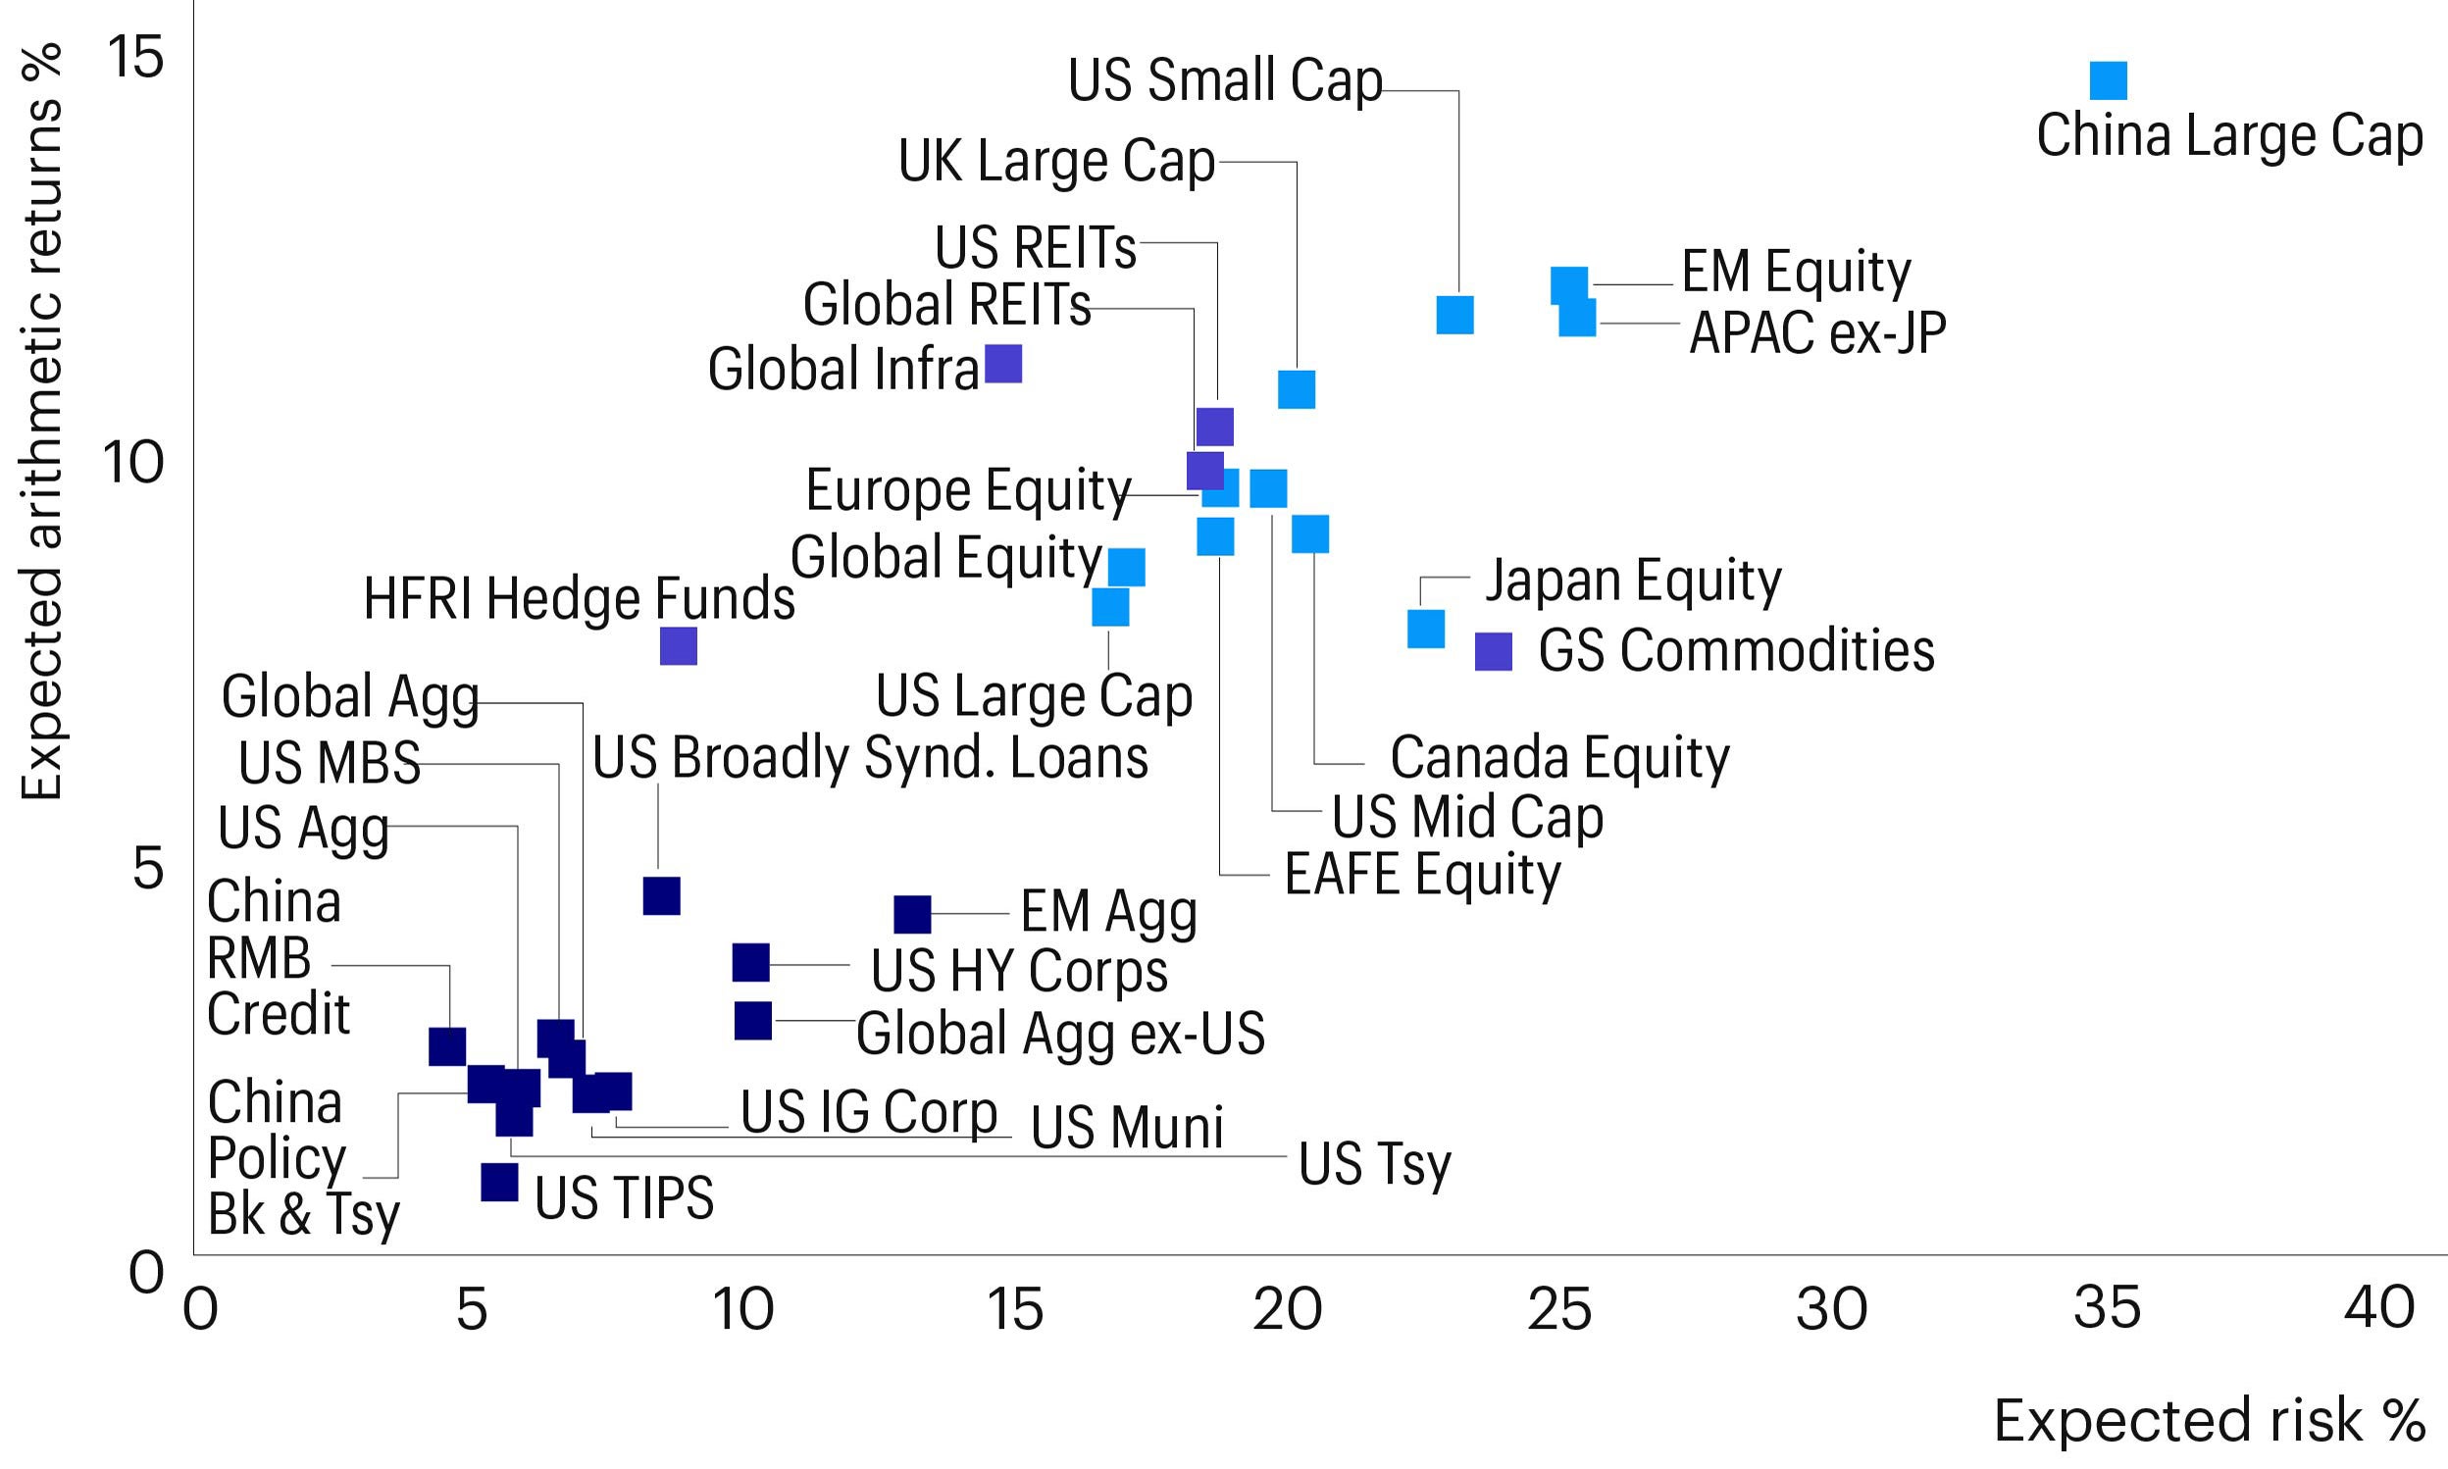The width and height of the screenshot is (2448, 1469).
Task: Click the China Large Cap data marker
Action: (2108, 81)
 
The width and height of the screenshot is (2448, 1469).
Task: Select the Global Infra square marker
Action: (1002, 364)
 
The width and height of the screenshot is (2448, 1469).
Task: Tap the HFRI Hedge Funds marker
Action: (678, 646)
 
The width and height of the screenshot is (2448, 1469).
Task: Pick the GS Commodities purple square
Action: (1494, 651)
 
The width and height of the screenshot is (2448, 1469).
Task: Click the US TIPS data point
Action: (499, 1182)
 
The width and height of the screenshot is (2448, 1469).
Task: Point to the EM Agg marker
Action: (912, 914)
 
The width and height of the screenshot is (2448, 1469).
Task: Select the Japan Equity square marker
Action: (1425, 629)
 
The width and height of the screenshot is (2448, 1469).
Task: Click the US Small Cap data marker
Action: (1454, 315)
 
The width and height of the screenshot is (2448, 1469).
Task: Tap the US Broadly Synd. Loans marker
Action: (661, 896)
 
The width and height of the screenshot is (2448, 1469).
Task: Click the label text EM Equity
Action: (1796, 273)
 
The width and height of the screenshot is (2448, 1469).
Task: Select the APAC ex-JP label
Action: (1817, 332)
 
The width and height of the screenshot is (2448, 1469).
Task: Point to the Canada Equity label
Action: (1559, 758)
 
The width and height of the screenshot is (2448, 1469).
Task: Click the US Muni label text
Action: (1127, 1127)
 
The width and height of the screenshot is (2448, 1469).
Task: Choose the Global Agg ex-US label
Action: (1059, 1034)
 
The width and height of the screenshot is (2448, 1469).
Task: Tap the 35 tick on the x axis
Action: (2107, 1308)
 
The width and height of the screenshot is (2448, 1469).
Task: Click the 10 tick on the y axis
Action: (132, 462)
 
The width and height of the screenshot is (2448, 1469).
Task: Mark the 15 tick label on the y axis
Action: (134, 57)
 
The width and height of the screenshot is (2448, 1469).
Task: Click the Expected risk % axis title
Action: (2209, 1421)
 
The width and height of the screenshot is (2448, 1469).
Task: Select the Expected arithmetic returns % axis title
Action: (41, 421)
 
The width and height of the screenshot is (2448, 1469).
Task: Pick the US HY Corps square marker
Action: (750, 962)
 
